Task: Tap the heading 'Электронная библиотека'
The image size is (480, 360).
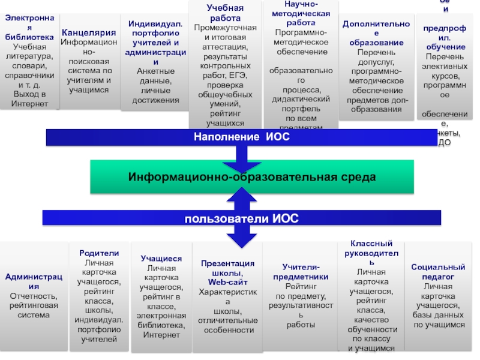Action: [x=29, y=28]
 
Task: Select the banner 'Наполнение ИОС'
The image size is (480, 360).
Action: [x=241, y=137]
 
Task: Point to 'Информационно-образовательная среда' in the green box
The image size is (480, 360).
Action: [x=252, y=177]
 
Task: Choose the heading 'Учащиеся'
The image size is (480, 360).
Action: [x=161, y=258]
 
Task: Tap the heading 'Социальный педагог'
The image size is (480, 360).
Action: [x=438, y=272]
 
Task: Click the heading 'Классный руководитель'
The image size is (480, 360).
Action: [x=372, y=253]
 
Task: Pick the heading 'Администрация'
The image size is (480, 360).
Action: [x=34, y=281]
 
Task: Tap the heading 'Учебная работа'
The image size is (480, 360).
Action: [x=226, y=13]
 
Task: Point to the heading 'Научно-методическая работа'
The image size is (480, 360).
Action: [x=301, y=13]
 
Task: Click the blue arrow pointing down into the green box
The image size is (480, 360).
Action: [x=241, y=157]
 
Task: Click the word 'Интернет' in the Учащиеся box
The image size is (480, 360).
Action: [x=161, y=334]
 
